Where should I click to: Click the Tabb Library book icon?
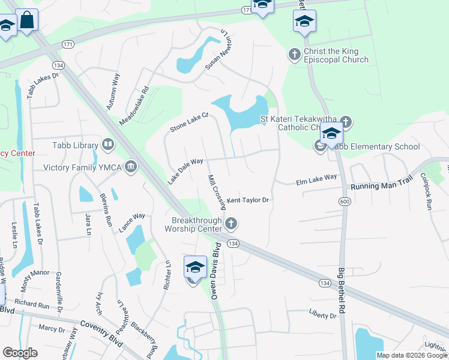point(108,144)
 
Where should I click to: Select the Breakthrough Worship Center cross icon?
point(231,224)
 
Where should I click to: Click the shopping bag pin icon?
point(27,20)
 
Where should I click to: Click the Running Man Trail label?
point(383,186)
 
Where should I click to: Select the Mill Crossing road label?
point(216,193)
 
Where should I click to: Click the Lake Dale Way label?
point(185,169)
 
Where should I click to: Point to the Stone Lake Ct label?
point(188,122)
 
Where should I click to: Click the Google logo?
point(20,353)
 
